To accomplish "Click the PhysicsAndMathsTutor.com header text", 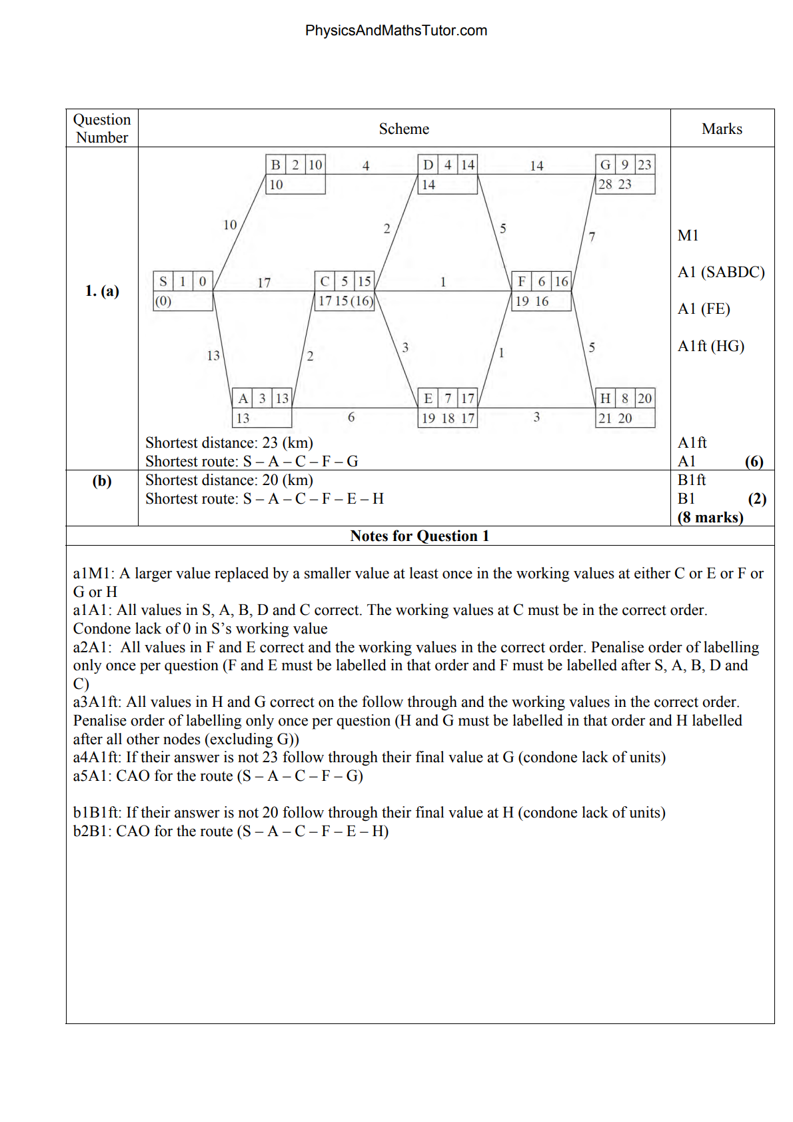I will (396, 31).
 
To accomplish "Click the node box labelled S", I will (183, 290).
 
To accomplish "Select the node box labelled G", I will (624, 174).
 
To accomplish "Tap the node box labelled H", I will (624, 407).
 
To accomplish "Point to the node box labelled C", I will (345, 290).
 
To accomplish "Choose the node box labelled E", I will (448, 407).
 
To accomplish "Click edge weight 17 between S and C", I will (264, 282).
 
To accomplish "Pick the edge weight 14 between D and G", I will (536, 166).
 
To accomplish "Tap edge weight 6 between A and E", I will (351, 417).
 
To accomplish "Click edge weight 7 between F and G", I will (592, 237).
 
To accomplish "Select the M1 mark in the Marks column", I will (688, 235).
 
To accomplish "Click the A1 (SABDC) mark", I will (721, 272).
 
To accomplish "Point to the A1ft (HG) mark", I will (710, 346).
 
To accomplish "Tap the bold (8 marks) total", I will (710, 517).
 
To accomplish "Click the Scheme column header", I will (404, 129).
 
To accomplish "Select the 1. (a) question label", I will (102, 290).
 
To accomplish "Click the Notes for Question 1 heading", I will (420, 536).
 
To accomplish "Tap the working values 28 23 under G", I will (614, 185).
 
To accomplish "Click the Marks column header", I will (722, 129).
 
